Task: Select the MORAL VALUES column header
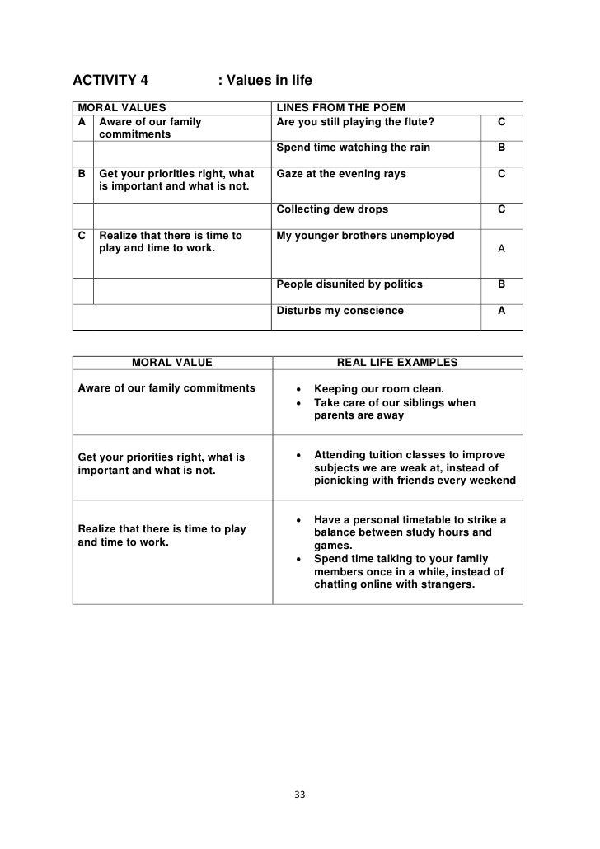[x=121, y=107]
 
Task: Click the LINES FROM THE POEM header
[x=340, y=107]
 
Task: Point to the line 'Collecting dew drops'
[x=332, y=209]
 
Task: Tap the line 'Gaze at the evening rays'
[x=341, y=174]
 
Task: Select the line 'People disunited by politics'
[x=349, y=284]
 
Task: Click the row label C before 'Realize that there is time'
[x=82, y=236]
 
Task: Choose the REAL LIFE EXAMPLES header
[x=397, y=362]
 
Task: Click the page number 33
[x=299, y=795]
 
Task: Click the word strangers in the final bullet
[x=447, y=585]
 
